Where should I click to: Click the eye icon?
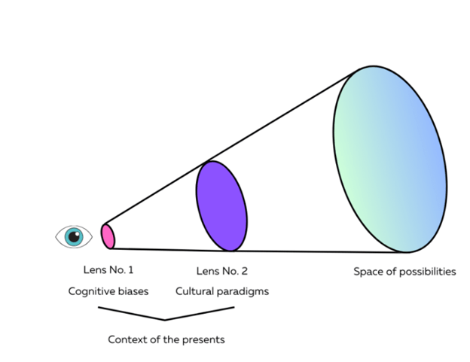pyautogui.click(x=74, y=236)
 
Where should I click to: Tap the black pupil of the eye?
pyautogui.click(x=74, y=236)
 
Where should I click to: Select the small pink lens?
pyautogui.click(x=108, y=236)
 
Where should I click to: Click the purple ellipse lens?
pyautogui.click(x=221, y=205)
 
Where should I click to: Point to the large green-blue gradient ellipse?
pyautogui.click(x=389, y=160)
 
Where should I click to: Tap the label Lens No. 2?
pyautogui.click(x=221, y=271)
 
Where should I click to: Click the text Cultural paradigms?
pyautogui.click(x=221, y=291)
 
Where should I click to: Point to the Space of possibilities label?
pyautogui.click(x=404, y=272)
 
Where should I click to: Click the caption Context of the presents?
pyautogui.click(x=166, y=339)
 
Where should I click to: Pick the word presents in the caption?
pyautogui.click(x=205, y=339)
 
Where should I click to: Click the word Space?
pyautogui.click(x=368, y=272)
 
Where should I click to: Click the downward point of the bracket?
pyautogui.click(x=166, y=320)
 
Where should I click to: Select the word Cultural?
pyautogui.click(x=195, y=291)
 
